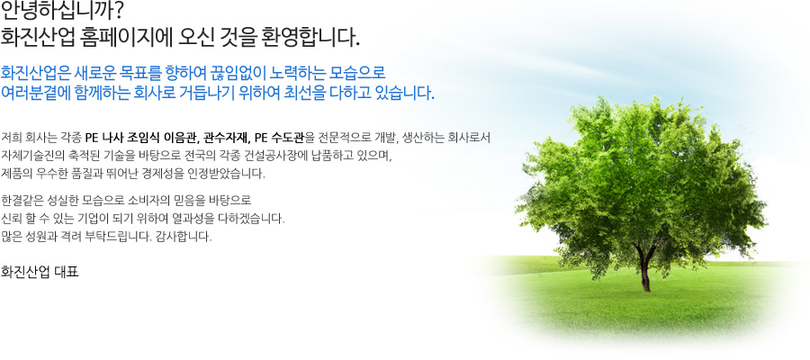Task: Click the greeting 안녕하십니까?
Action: [62, 9]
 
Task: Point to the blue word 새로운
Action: [90, 72]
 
